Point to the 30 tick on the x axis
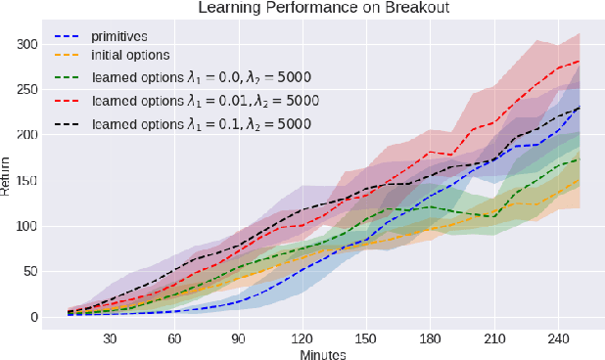coord(110,338)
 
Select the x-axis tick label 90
coord(238,338)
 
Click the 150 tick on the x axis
coord(364,338)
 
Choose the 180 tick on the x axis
coord(429,338)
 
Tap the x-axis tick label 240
coord(556,338)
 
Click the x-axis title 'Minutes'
coord(322,353)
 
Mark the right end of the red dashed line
coord(580,61)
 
